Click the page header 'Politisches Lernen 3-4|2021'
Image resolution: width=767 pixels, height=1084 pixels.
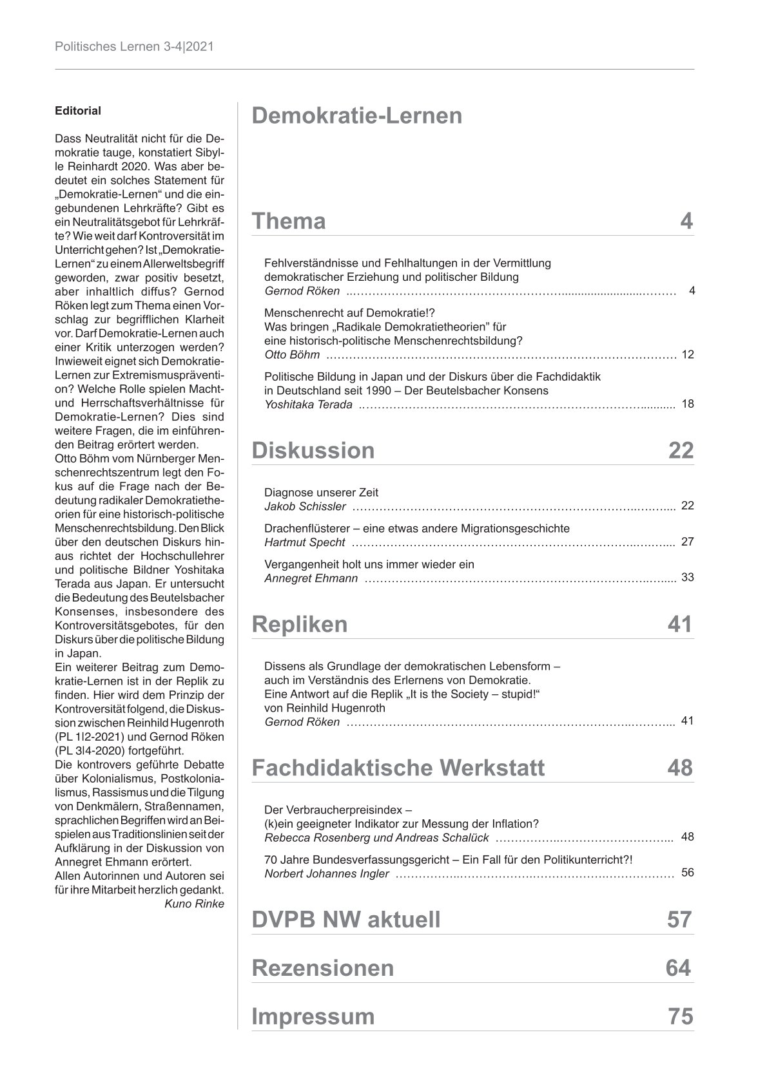click(x=134, y=47)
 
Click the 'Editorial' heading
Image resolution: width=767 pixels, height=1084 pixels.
click(x=78, y=111)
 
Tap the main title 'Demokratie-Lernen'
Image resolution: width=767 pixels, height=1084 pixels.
click(x=356, y=116)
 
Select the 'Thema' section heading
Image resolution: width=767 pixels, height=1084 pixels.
click(x=288, y=221)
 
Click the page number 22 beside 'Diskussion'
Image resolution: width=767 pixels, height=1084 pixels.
click(x=681, y=450)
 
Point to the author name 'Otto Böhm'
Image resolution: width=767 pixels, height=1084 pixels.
click(x=291, y=355)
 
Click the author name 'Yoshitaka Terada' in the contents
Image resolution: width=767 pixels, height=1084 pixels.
click(x=308, y=404)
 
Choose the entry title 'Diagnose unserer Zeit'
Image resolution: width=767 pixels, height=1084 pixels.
click(x=321, y=493)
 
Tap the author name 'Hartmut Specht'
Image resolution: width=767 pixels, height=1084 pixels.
click(x=304, y=542)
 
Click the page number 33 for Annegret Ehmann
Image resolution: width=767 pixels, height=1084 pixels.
click(x=687, y=577)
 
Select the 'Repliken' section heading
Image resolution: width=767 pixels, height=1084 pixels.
click(x=299, y=624)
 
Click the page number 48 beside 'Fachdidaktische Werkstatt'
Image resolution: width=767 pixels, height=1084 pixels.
click(x=680, y=768)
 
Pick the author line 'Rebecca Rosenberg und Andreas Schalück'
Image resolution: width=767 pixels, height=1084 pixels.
click(x=376, y=838)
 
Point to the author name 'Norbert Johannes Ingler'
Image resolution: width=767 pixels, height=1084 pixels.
click(x=326, y=874)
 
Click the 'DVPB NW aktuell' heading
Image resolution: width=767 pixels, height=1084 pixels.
click(x=345, y=920)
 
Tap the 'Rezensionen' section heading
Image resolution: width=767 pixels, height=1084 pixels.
click(x=322, y=968)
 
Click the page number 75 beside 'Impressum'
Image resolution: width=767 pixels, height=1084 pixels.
click(x=681, y=1016)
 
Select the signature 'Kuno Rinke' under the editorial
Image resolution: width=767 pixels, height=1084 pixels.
click(x=195, y=904)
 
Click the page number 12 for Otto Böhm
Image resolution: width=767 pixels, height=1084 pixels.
click(x=687, y=355)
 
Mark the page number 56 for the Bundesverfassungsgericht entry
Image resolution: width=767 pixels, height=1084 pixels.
click(x=687, y=873)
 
